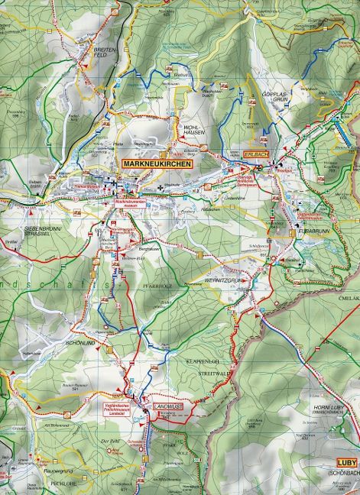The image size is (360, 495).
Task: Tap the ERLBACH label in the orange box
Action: [x=255, y=154]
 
